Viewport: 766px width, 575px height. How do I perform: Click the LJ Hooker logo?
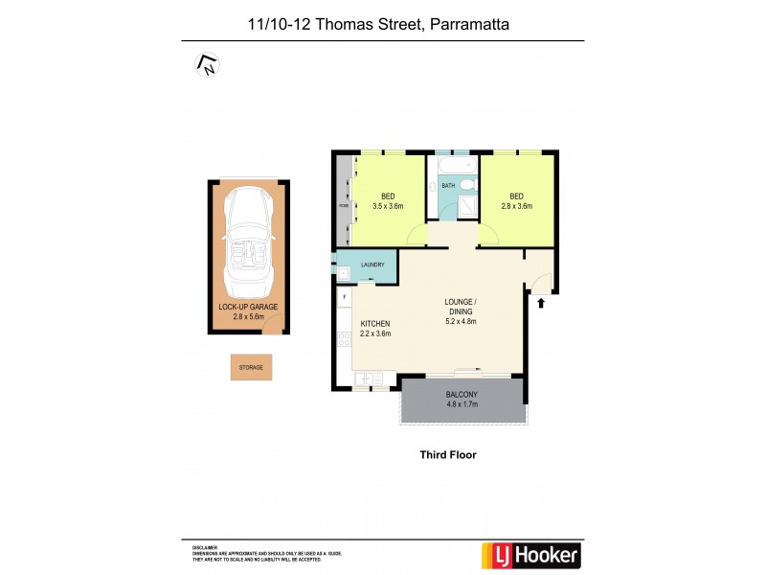point(529,554)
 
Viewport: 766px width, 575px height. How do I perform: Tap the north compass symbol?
point(206,65)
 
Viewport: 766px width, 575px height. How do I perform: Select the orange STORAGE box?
point(251,367)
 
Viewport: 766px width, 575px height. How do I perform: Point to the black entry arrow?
point(542,303)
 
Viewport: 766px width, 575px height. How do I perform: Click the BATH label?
point(447,186)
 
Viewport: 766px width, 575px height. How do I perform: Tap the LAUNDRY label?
point(373,265)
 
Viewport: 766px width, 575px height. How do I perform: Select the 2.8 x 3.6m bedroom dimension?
point(515,206)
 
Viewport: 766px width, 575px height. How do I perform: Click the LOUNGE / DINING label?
point(461,307)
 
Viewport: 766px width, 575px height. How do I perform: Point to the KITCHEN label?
point(373,324)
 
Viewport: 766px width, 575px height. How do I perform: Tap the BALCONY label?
point(462,395)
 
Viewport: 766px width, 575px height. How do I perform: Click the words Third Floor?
point(448,455)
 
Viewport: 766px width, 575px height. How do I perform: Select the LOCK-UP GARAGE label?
point(248,307)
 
